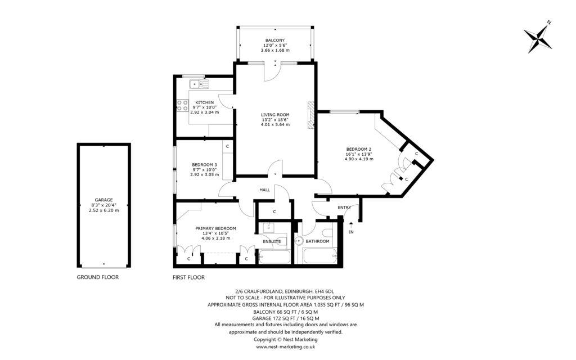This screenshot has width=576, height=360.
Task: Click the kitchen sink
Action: coord(199,84)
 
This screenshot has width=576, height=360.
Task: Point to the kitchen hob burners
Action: coord(183,105)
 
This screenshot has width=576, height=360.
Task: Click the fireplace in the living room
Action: coord(312,115)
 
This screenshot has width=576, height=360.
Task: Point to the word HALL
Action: coord(265,190)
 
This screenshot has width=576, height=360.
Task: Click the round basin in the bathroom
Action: coord(299,241)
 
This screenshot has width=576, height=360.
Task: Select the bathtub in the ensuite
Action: coord(274,256)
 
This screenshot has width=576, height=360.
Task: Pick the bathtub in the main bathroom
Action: coord(320,256)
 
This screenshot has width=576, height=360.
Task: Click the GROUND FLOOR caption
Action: coord(98,277)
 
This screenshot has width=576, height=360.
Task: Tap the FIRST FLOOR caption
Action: coord(188,277)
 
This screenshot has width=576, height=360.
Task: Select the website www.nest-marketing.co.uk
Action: coord(285,346)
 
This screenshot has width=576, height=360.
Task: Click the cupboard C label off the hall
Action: coord(274,211)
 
